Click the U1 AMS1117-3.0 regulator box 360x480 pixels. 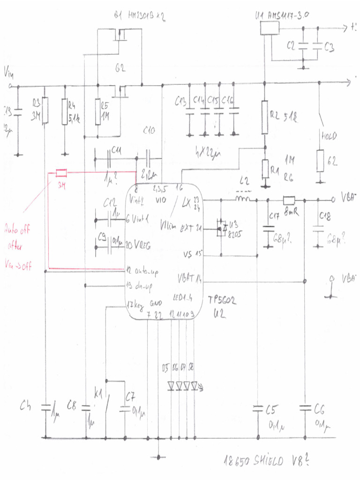pyautogui.click(x=269, y=28)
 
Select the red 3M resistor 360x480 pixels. pyautogui.click(x=61, y=173)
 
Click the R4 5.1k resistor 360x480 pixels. pyautogui.click(x=65, y=112)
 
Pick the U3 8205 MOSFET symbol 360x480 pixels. pyautogui.click(x=220, y=229)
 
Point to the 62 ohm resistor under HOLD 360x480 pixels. pyautogui.click(x=320, y=161)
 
